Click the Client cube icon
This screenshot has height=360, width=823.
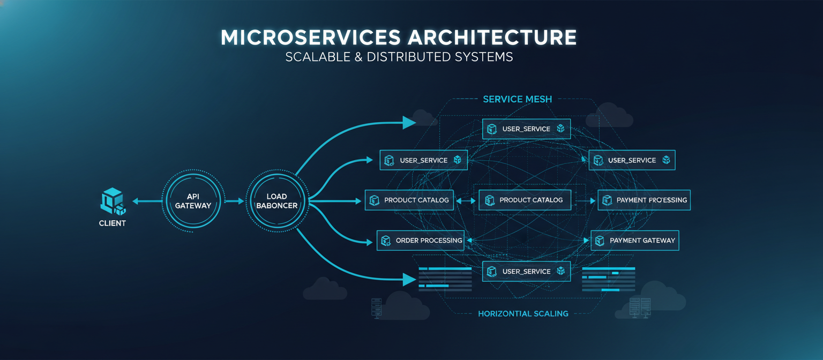pyautogui.click(x=113, y=201)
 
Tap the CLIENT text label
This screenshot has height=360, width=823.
pyautogui.click(x=113, y=223)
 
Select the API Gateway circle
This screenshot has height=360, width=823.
pyautogui.click(x=193, y=201)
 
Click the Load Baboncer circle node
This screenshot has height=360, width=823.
pyautogui.click(x=276, y=201)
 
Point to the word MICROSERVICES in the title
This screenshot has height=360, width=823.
pyautogui.click(x=310, y=37)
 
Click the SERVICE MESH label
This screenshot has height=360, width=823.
pyautogui.click(x=517, y=99)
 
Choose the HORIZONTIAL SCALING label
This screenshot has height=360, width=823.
pyautogui.click(x=523, y=313)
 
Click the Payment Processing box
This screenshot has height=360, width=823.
pyautogui.click(x=644, y=200)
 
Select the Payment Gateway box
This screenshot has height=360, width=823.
pyautogui.click(x=635, y=241)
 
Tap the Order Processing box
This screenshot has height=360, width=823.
pyautogui.click(x=421, y=241)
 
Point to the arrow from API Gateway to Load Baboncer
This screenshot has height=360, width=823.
pyautogui.click(x=234, y=201)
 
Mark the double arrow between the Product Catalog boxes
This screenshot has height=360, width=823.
pyautogui.click(x=466, y=201)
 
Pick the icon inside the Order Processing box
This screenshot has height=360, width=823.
pyautogui.click(x=386, y=241)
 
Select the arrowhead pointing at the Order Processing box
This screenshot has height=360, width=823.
pyautogui.click(x=369, y=242)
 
